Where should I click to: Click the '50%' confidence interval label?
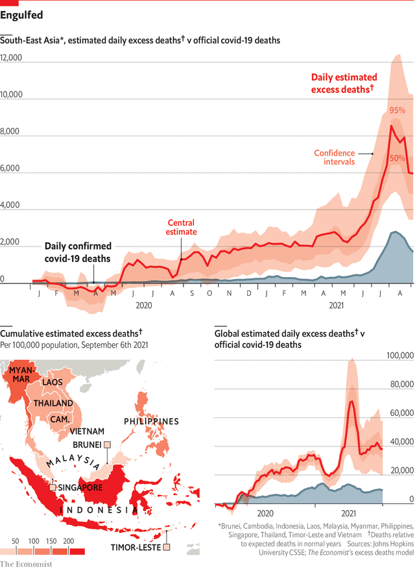pyautogui.click(x=397, y=158)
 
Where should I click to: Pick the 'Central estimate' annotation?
pyautogui.click(x=181, y=227)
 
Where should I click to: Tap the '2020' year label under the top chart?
pyautogui.click(x=144, y=304)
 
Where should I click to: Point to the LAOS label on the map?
pyautogui.click(x=53, y=382)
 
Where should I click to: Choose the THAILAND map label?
pyautogui.click(x=54, y=403)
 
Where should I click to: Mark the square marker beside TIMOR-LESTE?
pyautogui.click(x=167, y=548)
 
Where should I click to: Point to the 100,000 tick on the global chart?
pyautogui.click(x=400, y=356)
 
